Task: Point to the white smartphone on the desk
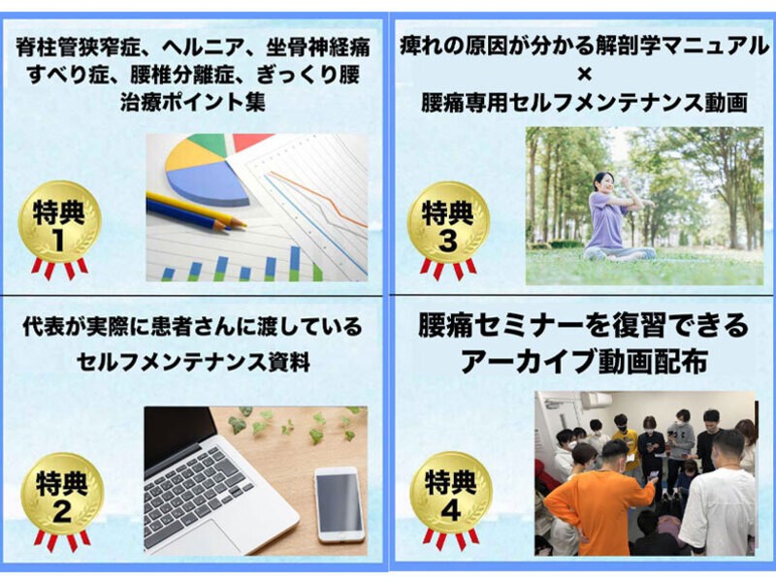[x=339, y=503]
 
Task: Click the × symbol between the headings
[x=581, y=74]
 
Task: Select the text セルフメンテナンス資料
[x=195, y=364]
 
